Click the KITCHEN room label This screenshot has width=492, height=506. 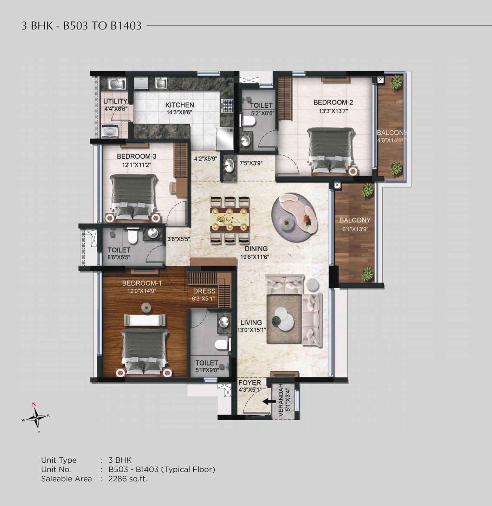[180, 105]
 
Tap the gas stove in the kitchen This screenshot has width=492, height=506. [227, 106]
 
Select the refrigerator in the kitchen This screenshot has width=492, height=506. [224, 139]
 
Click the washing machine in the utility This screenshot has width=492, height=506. [110, 131]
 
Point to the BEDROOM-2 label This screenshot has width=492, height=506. [333, 102]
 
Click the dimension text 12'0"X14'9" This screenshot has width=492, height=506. [142, 291]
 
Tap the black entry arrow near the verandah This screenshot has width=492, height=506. [269, 401]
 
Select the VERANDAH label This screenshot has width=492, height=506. [280, 400]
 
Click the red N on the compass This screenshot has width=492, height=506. [33, 404]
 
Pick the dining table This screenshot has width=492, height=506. [229, 220]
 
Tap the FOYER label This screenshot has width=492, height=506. [250, 383]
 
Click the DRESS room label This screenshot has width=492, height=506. [204, 291]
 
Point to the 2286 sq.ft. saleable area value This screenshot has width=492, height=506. [128, 479]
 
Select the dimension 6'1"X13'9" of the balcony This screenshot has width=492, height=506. [355, 229]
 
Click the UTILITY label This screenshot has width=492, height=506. [115, 101]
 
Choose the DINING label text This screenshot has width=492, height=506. [256, 248]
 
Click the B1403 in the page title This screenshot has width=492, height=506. [126, 26]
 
